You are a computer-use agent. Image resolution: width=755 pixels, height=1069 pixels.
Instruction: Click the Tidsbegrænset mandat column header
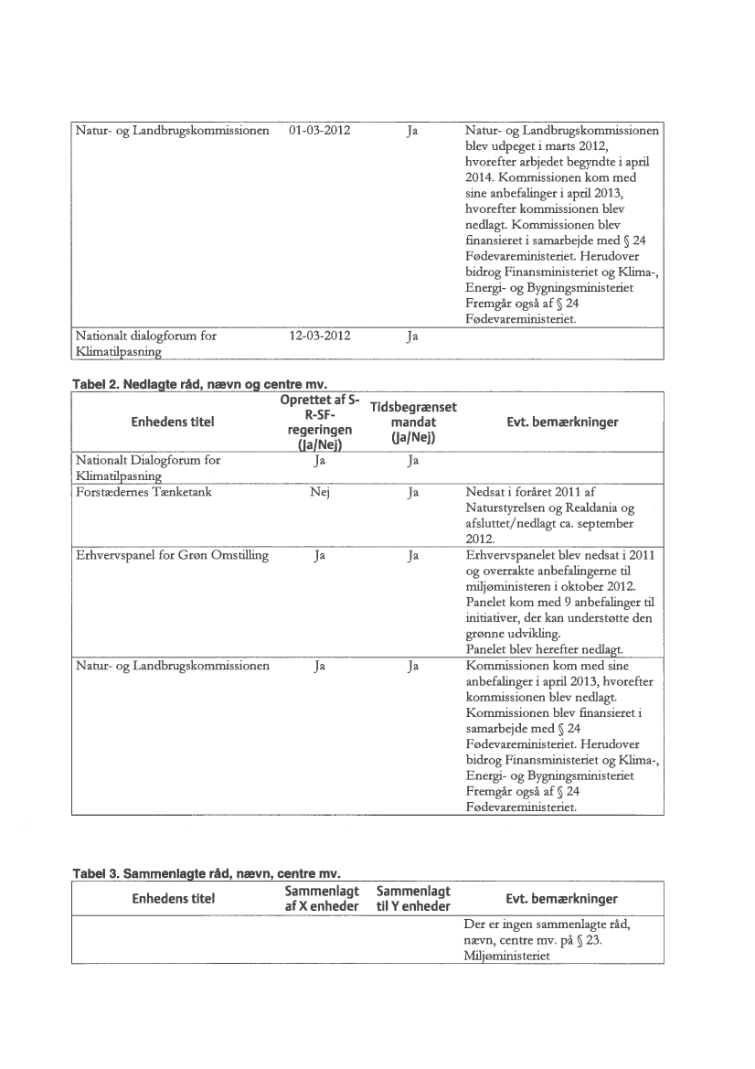(413, 422)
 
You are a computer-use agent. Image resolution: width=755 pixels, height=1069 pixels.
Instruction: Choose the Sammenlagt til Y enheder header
(413, 897)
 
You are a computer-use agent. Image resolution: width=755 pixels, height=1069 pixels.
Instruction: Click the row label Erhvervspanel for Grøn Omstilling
(169, 555)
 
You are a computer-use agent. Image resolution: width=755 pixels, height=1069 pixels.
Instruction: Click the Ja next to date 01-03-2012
(413, 131)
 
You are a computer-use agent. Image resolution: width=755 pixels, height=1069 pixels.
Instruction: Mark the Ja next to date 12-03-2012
(413, 336)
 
